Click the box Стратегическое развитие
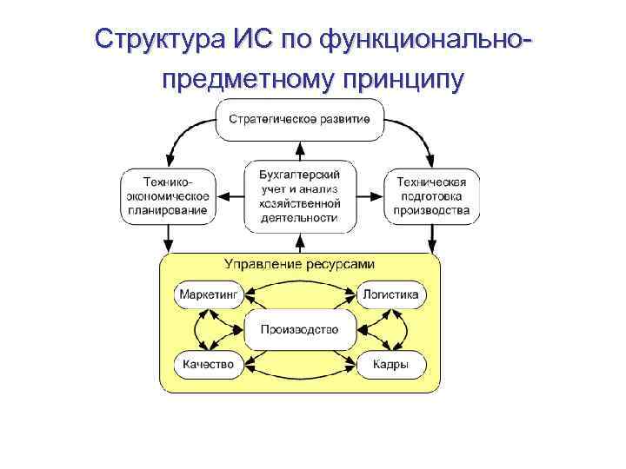(x=299, y=120)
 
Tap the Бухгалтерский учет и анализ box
(x=299, y=195)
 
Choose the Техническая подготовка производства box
(x=432, y=195)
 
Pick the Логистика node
(x=391, y=294)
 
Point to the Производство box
(x=299, y=330)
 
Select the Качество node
(x=208, y=365)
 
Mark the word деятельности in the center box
(x=299, y=218)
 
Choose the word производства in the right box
(x=432, y=209)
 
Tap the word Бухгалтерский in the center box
(x=299, y=174)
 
